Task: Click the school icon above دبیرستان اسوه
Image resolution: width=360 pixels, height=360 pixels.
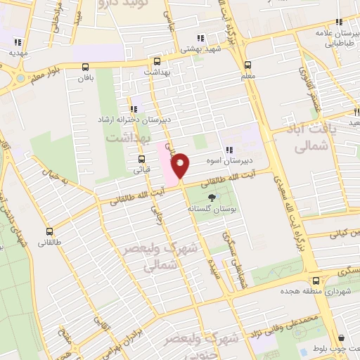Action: click(x=230, y=149)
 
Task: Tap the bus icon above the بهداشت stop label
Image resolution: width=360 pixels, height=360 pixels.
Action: click(x=157, y=60)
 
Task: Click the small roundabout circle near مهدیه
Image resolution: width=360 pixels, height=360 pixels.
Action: click(x=19, y=77)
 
